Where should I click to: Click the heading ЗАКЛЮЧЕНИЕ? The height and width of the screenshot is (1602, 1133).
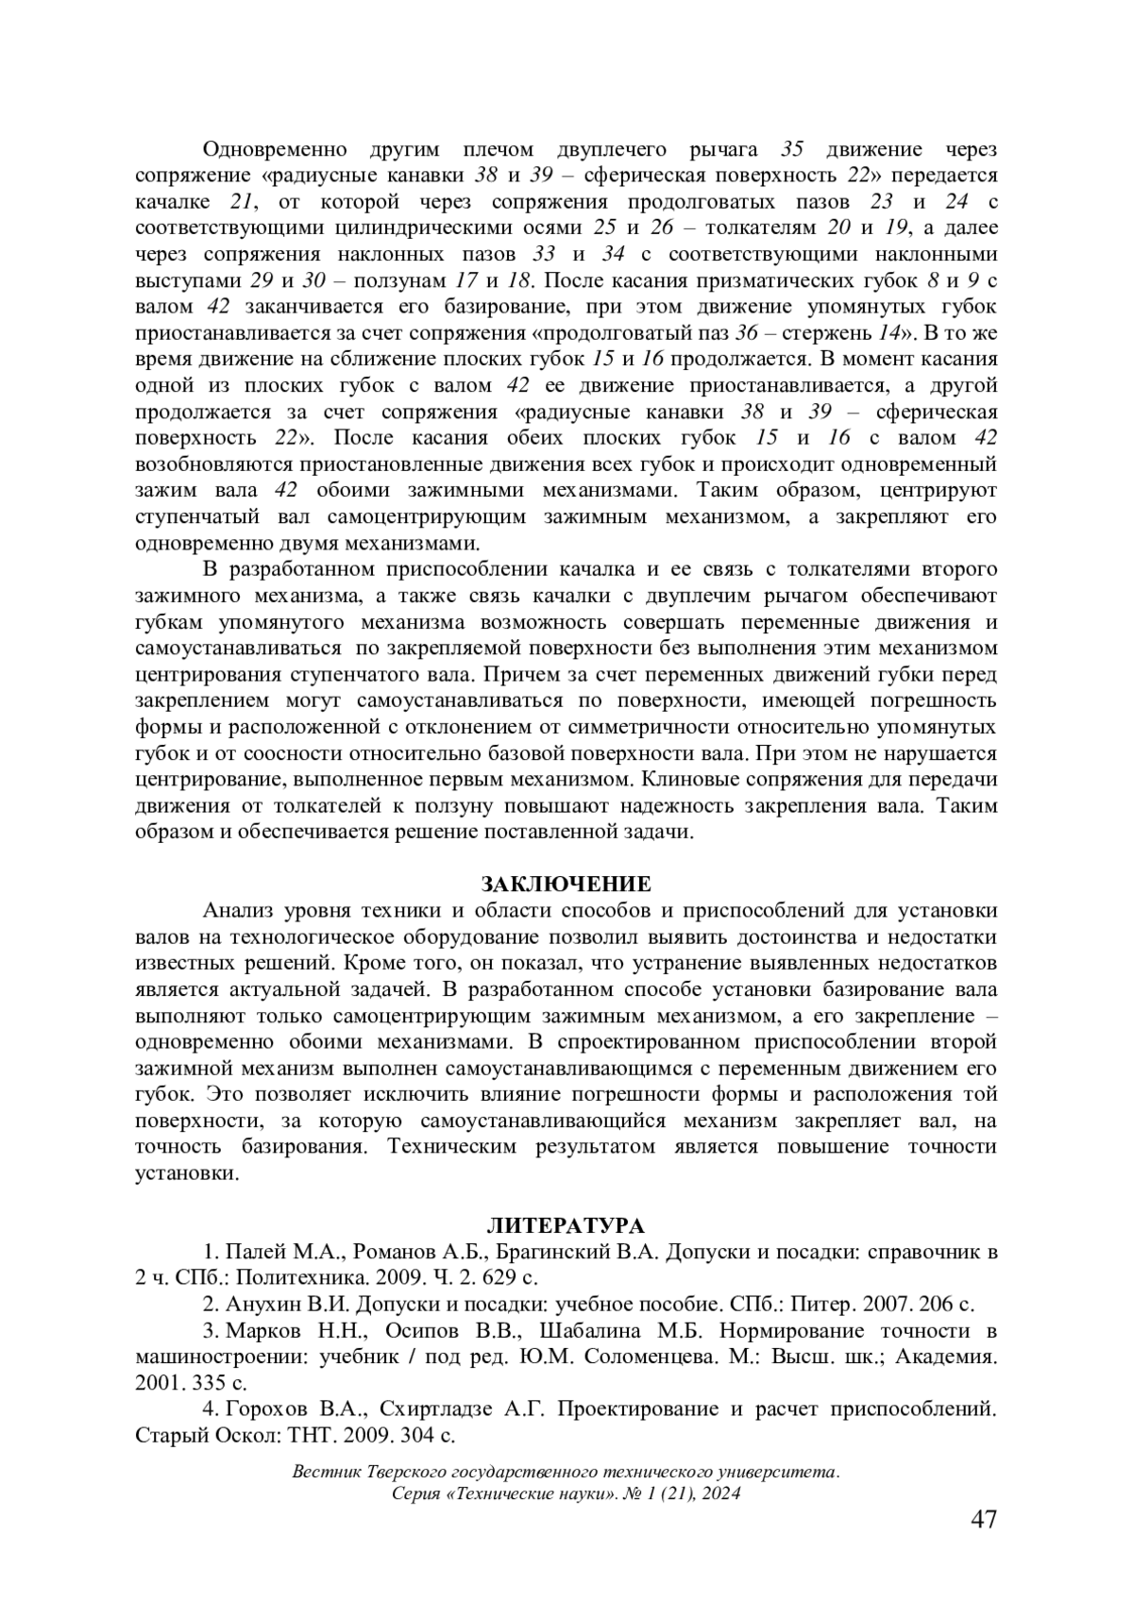point(566,885)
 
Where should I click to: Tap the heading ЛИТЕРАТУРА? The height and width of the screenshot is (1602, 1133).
point(566,1226)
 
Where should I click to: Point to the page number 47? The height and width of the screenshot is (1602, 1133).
point(983,1521)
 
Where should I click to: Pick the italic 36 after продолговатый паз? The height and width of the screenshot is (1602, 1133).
point(746,332)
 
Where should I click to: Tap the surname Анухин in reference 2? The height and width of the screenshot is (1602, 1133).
point(259,1305)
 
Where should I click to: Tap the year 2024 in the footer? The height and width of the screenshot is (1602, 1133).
point(719,1493)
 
